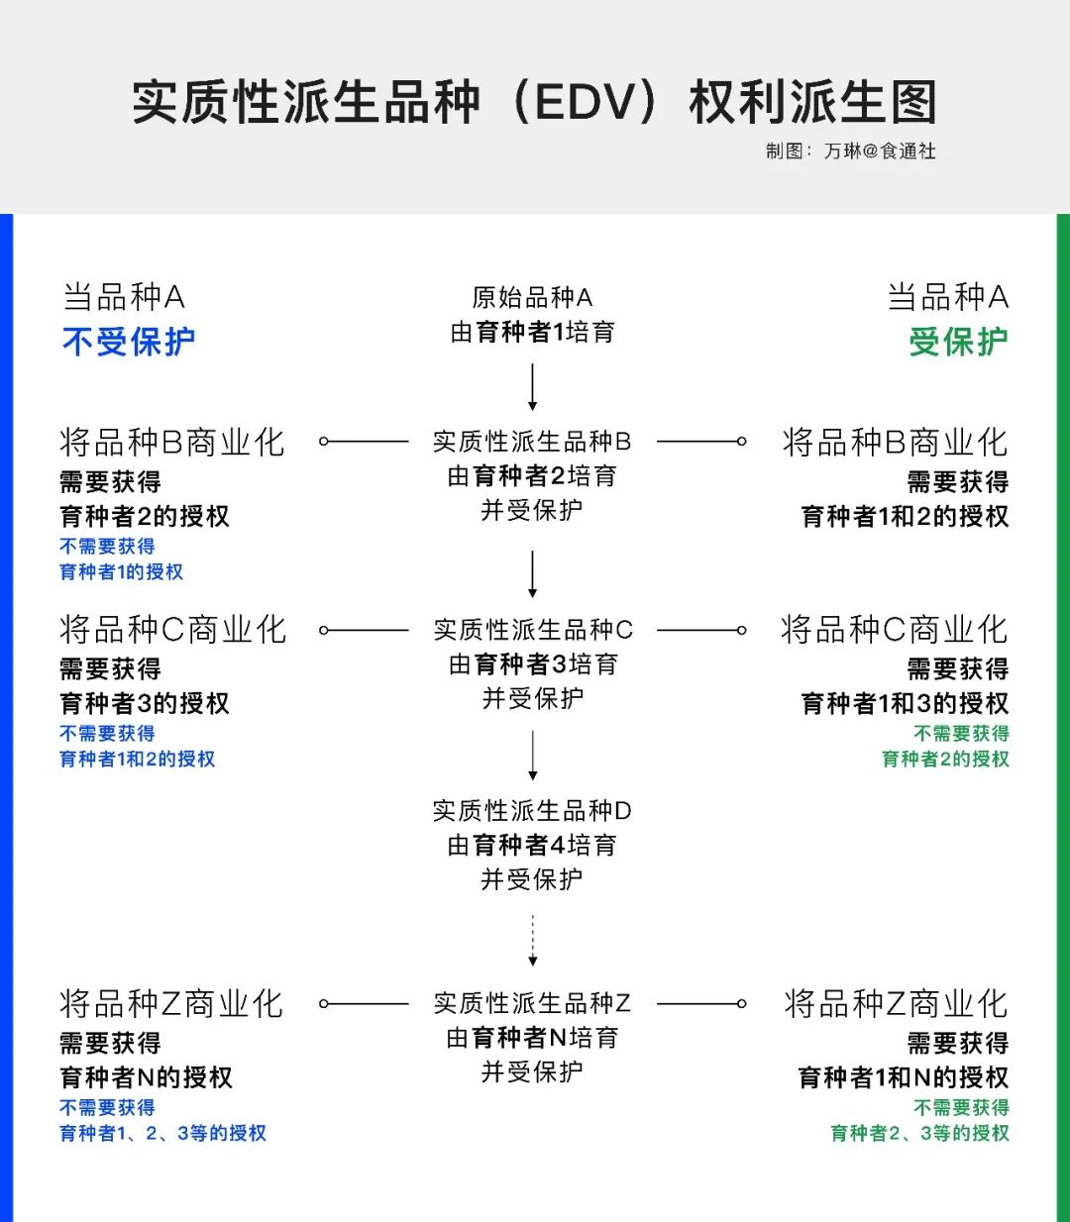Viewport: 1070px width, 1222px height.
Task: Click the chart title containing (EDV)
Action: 534,102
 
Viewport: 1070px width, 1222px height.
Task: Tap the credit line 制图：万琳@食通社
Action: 851,152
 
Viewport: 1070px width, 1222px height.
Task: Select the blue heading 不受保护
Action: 129,342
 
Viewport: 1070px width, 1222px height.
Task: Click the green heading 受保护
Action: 958,342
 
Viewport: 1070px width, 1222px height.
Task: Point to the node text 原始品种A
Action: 532,297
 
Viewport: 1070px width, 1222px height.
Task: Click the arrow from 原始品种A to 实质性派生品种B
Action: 532,387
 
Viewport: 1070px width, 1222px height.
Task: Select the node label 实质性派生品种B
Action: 532,442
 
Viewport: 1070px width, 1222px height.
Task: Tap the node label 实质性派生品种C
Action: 533,630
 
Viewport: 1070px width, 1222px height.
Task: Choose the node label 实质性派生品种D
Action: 532,810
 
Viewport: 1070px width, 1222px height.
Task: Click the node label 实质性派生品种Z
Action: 532,1003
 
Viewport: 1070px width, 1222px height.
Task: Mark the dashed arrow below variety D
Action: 532,940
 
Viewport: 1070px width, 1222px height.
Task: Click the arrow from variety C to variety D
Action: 532,756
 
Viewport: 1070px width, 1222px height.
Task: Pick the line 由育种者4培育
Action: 532,845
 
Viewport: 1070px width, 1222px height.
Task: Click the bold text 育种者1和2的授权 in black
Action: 905,517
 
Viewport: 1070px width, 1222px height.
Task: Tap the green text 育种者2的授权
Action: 945,760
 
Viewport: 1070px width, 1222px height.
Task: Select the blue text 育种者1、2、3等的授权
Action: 162,1133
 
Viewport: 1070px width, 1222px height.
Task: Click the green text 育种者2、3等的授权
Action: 920,1133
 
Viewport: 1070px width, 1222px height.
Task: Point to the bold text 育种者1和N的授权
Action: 904,1077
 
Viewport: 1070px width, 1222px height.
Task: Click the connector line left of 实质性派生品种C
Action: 364,630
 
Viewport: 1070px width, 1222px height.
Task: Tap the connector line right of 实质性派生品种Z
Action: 701,1004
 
